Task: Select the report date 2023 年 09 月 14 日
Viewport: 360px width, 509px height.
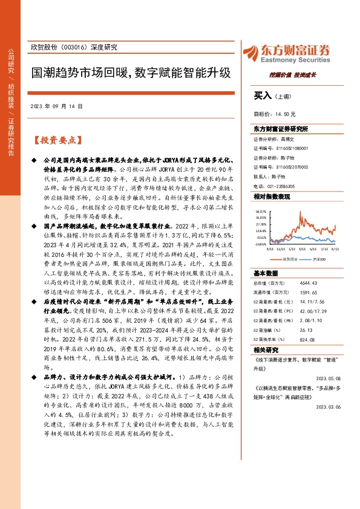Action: click(55, 106)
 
